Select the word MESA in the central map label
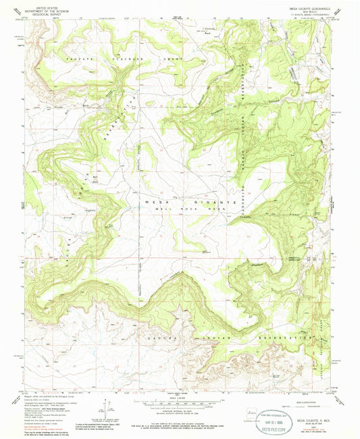click(155, 202)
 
